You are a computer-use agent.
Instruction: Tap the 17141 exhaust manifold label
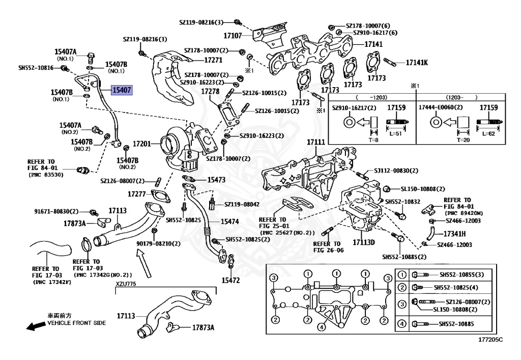(x=373, y=44)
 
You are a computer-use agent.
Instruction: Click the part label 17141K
(x=417, y=63)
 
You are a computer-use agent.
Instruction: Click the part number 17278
(x=210, y=92)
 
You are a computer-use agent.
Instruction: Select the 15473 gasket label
(x=216, y=180)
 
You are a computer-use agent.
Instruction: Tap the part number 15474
(x=229, y=222)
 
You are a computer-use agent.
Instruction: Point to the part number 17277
(x=137, y=194)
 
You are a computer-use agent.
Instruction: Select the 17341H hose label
(x=454, y=234)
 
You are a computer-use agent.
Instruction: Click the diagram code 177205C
(x=490, y=339)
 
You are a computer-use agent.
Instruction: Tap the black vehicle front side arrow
(x=35, y=326)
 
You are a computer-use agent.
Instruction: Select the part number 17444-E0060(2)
(x=441, y=108)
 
